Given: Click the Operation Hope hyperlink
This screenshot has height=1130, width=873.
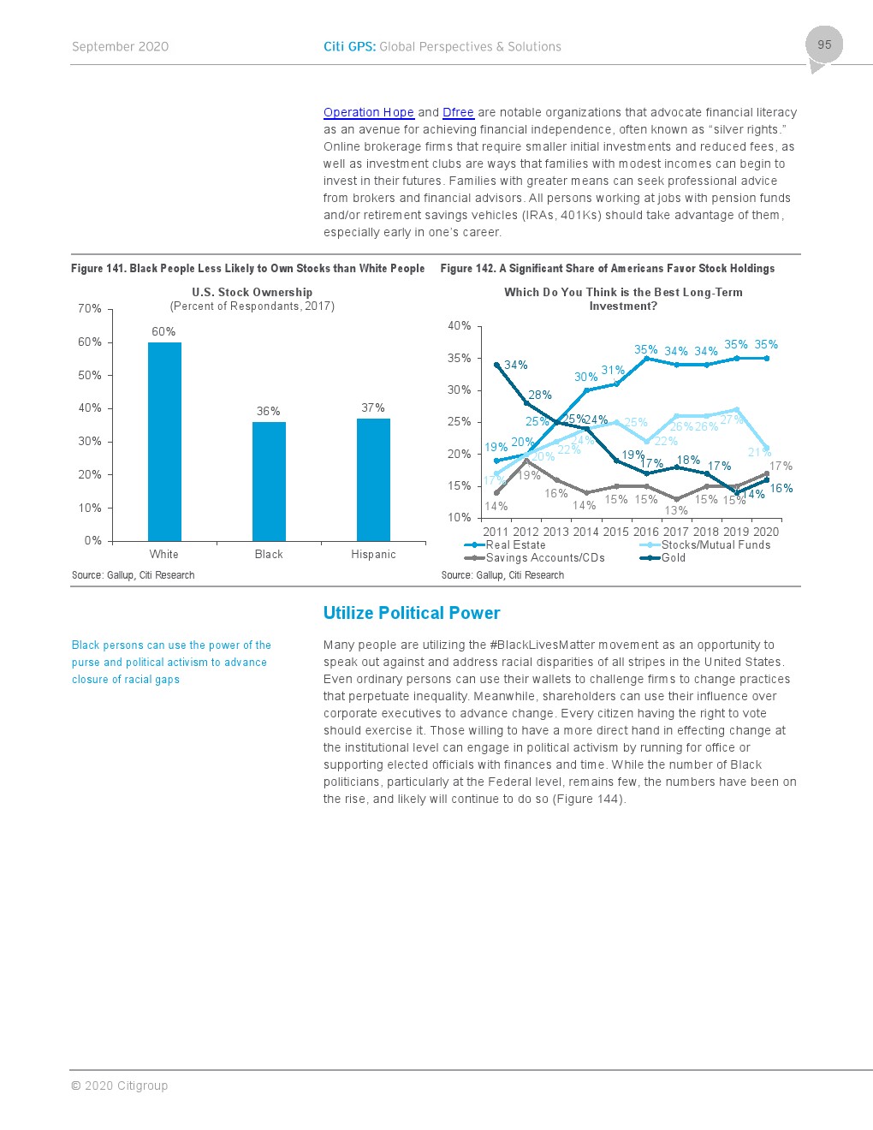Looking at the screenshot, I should click(368, 112).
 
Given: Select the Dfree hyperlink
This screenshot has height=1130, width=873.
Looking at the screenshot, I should click(458, 112).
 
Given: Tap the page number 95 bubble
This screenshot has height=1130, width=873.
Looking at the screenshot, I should click(823, 45).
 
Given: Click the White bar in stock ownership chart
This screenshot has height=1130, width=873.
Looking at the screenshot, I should click(164, 441).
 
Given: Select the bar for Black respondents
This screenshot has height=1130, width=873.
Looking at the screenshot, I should click(269, 481).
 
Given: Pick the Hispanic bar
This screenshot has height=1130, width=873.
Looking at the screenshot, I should click(373, 479).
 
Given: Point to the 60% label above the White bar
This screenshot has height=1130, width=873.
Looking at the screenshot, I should click(163, 331).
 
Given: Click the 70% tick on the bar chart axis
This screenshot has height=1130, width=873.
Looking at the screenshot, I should click(90, 308).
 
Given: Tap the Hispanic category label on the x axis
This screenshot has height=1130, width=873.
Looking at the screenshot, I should click(373, 555).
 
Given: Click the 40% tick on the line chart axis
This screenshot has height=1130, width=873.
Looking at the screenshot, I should click(459, 325).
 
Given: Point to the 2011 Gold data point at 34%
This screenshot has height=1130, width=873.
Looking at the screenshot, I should click(496, 365).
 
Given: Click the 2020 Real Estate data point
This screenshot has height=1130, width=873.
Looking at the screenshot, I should click(766, 358).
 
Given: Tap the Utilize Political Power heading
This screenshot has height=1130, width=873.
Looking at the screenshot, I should click(411, 613).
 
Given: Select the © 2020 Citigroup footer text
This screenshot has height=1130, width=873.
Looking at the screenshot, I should click(120, 1085).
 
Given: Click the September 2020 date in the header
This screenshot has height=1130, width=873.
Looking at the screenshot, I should click(120, 47).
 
